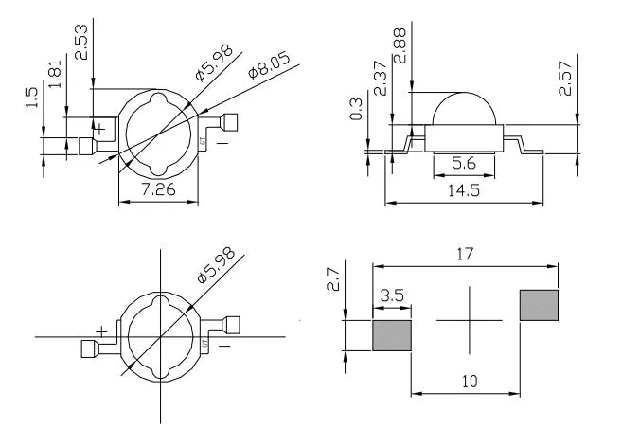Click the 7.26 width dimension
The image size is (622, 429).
coord(159,189)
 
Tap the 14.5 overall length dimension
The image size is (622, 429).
coord(464,190)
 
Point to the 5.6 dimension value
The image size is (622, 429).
coord(464,163)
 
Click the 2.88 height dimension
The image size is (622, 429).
coord(400,45)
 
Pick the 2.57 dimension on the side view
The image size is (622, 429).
coord(565,79)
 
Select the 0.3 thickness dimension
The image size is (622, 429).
coord(356,109)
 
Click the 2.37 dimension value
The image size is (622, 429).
coord(380,79)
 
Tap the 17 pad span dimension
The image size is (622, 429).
coord(465,254)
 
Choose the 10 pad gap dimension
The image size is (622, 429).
coord(470,382)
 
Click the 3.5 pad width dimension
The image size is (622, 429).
coord(392,295)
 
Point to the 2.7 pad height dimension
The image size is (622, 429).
coord(333,279)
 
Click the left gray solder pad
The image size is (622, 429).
coord(392,336)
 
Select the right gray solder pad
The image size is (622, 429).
coord(539,305)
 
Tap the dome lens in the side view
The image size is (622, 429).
coord(464,109)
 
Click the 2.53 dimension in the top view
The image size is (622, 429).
coord(81,42)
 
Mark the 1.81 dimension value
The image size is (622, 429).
coord(55,74)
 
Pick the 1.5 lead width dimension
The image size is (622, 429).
coord(31,98)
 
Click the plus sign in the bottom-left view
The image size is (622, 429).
coord(101,331)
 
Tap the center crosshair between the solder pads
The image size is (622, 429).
coord(470,320)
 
